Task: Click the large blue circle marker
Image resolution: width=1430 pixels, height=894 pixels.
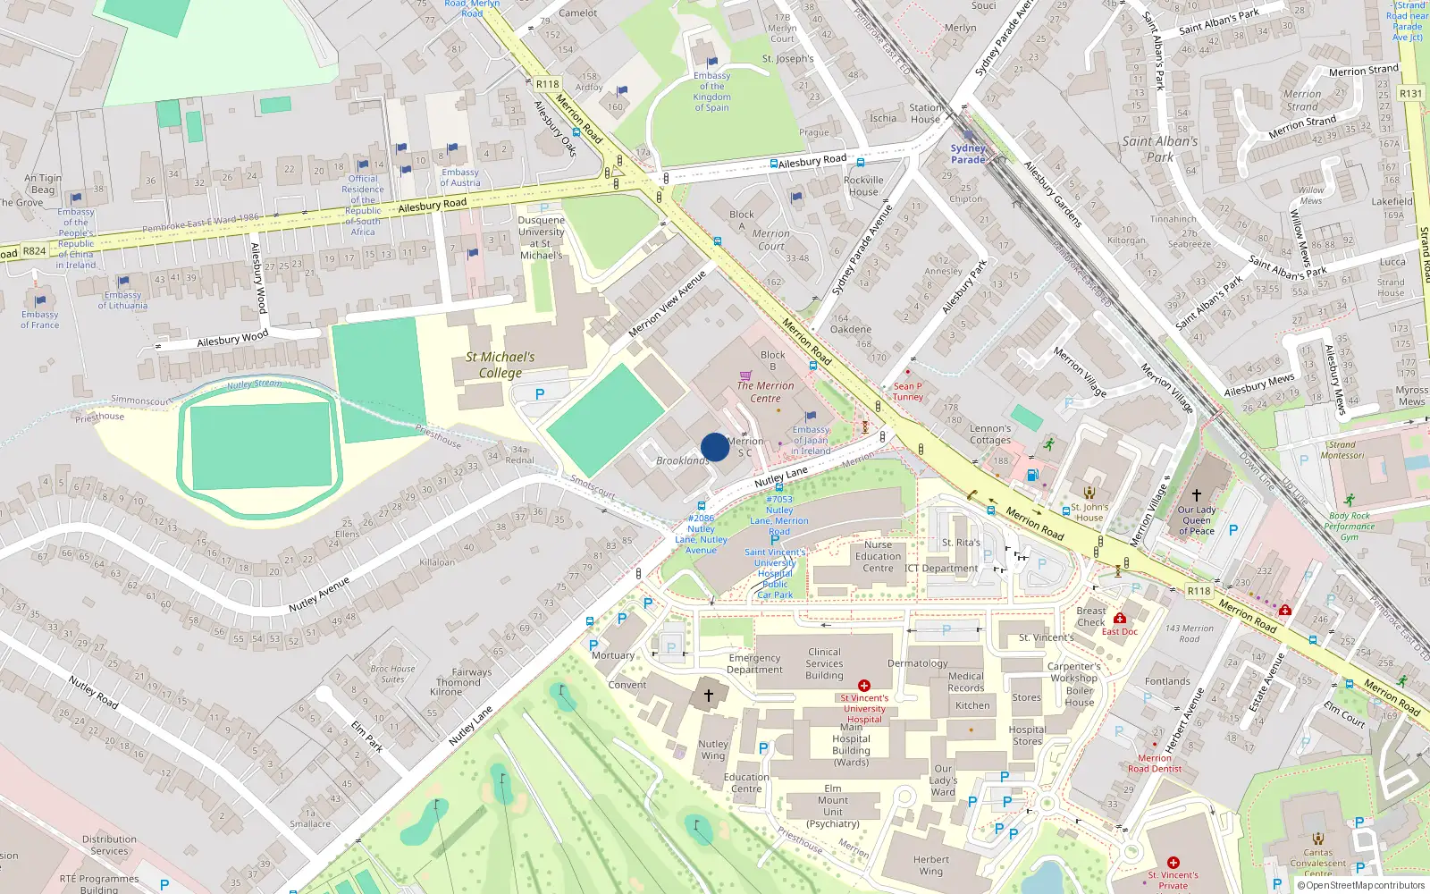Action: point(715,447)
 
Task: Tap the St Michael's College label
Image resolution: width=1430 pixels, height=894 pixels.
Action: point(500,365)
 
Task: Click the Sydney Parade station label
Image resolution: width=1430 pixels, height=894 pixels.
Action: point(968,154)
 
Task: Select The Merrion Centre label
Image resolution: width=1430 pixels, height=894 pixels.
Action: point(765,392)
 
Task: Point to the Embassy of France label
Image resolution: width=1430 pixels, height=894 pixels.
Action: point(40,320)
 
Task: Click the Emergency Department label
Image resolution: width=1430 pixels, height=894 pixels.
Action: point(754,663)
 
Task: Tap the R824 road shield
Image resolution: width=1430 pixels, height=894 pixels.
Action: point(34,251)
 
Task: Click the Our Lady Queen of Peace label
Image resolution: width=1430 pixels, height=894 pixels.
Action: point(1196,520)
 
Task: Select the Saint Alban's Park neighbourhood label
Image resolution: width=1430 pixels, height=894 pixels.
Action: point(1160,149)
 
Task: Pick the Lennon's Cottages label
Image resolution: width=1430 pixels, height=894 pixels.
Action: point(990,434)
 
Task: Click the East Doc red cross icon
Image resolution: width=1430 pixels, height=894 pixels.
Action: point(1119,619)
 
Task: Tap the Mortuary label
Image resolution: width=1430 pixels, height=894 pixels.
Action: point(613,655)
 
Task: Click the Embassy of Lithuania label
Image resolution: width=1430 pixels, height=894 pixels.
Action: point(122,300)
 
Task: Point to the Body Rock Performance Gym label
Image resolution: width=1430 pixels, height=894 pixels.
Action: point(1350,527)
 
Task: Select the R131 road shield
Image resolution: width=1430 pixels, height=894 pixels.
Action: point(1410,93)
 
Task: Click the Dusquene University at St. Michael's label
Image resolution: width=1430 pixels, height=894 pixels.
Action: point(541,238)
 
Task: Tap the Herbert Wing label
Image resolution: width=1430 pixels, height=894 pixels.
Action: point(931,865)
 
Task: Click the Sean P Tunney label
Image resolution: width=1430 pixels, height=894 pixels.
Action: point(907,392)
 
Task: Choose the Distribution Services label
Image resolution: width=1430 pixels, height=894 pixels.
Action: point(109,845)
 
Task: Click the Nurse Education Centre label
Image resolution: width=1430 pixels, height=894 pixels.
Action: point(878,556)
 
